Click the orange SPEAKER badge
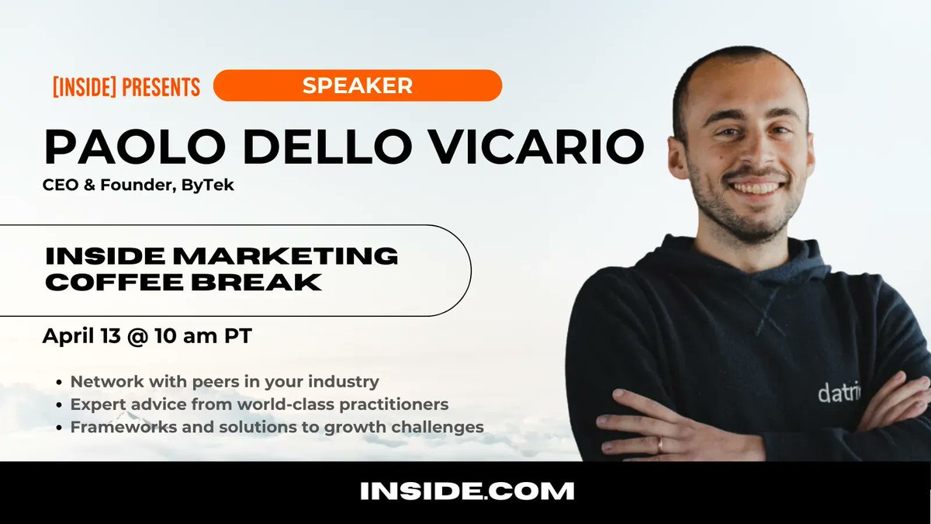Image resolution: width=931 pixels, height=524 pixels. point(357,85)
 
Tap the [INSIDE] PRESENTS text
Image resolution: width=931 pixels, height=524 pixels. point(126,86)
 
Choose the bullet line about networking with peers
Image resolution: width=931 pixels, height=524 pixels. point(224,382)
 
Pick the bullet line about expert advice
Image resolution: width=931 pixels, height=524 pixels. point(259,404)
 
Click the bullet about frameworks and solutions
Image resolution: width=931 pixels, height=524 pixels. point(277,427)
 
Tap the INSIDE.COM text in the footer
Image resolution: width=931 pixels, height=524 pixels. point(467,491)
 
